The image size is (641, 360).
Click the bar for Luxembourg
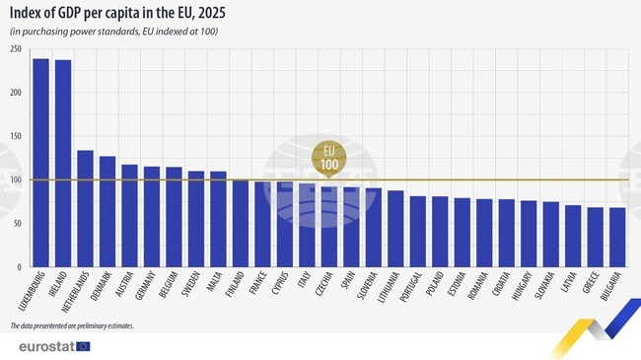click(40, 163)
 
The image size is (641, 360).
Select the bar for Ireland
click(63, 164)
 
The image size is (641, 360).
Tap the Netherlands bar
click(85, 208)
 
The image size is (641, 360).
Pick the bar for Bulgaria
click(617, 237)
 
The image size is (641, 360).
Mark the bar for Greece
click(595, 237)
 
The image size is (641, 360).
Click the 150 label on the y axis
click(17, 136)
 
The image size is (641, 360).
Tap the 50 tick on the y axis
click(19, 224)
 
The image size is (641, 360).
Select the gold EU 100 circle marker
click(328, 158)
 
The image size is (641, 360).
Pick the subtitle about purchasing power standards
click(113, 33)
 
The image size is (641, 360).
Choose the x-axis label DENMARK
click(102, 289)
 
